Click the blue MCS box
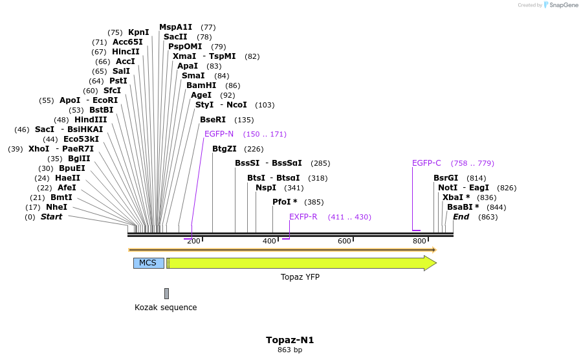point(148,263)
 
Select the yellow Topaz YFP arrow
point(301,263)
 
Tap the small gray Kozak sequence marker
point(166,293)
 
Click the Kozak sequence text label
point(166,308)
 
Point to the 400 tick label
point(270,241)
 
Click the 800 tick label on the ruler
point(419,241)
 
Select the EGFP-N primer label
point(219,134)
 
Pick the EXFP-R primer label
point(303,217)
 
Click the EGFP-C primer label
point(426,163)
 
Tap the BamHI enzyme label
point(201,85)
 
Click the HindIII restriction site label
point(90,120)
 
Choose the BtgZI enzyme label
point(225,149)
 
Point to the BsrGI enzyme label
point(446,178)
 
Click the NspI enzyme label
point(266,188)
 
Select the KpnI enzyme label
point(138,32)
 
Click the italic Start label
point(51,217)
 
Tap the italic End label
point(461,217)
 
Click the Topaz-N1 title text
point(290,340)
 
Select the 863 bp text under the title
point(290,350)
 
